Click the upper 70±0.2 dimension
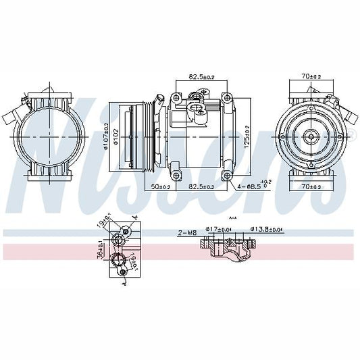pyautogui.click(x=311, y=77)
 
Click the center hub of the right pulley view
pyautogui.click(x=311, y=137)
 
